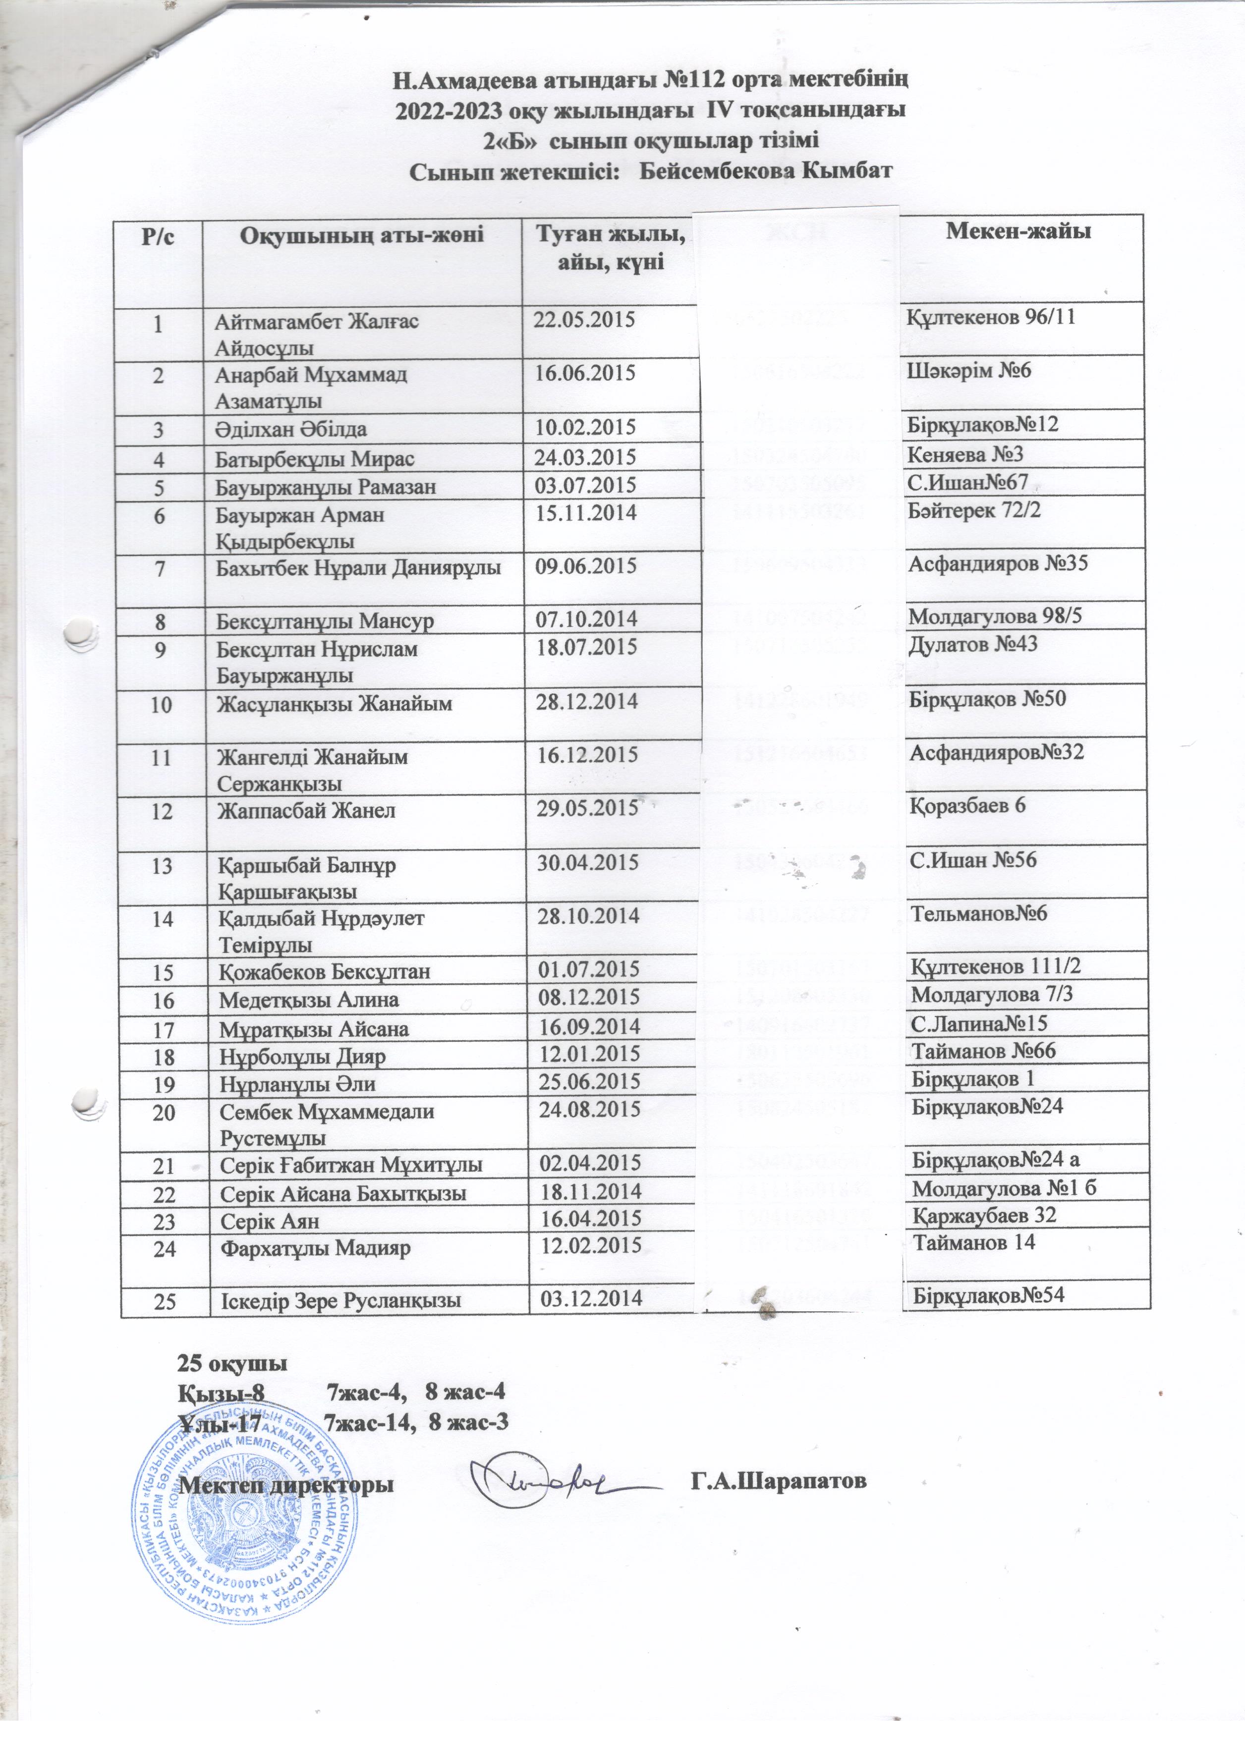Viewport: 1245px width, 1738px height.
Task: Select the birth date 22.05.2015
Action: (584, 319)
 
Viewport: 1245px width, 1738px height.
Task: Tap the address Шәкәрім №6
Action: (969, 370)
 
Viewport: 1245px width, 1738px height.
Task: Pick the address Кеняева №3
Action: (965, 454)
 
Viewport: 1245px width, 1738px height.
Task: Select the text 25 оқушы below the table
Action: (233, 1364)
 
